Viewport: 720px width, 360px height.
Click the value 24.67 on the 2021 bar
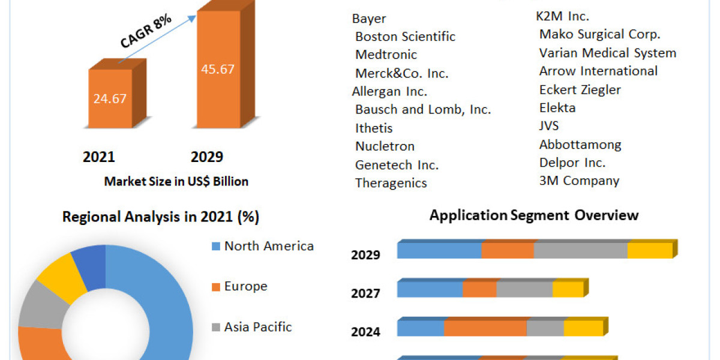coord(110,98)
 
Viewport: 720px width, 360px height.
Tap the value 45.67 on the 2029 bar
coord(217,69)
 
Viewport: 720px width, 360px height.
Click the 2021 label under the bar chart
coord(99,157)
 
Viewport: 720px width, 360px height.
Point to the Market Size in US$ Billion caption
coord(176,181)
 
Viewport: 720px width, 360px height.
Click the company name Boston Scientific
coord(405,37)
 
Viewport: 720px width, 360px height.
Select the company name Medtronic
coord(386,55)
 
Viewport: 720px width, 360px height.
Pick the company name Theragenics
coord(391,183)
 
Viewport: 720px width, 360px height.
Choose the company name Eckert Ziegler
coord(580,90)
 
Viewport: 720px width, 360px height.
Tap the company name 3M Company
coord(579,181)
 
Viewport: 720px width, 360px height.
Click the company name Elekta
coord(557,108)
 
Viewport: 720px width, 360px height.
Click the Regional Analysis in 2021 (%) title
coord(161,217)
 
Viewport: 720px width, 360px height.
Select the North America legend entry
coord(268,246)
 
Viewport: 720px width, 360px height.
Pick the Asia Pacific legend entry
coord(257,327)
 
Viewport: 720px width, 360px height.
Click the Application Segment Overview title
coord(534,215)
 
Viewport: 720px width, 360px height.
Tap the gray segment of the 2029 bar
coord(580,251)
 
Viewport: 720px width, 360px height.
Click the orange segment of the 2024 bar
coord(485,329)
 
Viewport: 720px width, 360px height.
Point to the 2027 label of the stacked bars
coord(365,293)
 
